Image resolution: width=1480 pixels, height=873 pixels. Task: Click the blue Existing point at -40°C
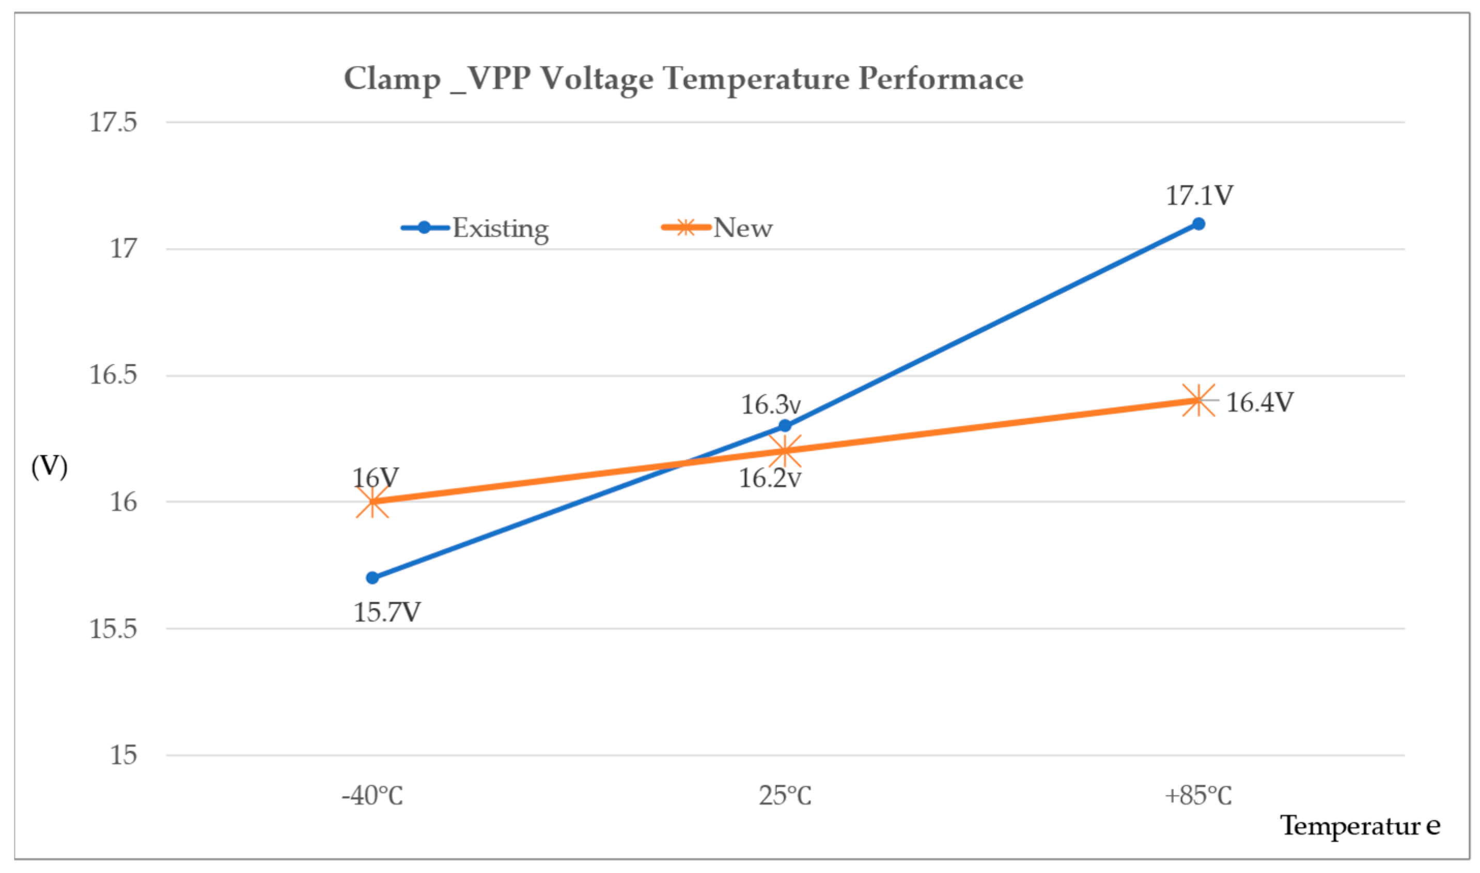[x=372, y=578]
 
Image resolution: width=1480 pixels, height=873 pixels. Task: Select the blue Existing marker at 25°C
[x=785, y=426]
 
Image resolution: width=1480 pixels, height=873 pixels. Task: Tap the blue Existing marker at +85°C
[x=1198, y=224]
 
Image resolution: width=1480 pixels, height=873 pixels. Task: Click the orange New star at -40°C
[x=372, y=502]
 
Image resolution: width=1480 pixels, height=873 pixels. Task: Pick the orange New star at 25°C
[x=785, y=451]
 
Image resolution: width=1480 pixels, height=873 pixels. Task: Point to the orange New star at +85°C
[x=1198, y=401]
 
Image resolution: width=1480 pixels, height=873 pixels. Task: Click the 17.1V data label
[x=1199, y=196]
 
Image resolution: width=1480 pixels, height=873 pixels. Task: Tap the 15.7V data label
[x=386, y=612]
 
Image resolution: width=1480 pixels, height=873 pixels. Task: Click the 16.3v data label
[x=770, y=405]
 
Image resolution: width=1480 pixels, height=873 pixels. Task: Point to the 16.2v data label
[x=769, y=478]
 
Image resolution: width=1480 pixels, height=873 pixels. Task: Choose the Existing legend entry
[x=500, y=228]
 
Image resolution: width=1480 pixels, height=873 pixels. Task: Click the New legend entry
[x=743, y=228]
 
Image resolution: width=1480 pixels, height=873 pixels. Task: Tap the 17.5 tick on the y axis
[x=113, y=122]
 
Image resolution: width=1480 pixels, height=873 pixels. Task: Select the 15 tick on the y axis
[x=123, y=755]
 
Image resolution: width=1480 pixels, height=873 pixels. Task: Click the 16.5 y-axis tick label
[x=113, y=375]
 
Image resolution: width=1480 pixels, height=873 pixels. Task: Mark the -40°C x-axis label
[x=372, y=796]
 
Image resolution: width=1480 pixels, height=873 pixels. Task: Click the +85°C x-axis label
[x=1198, y=796]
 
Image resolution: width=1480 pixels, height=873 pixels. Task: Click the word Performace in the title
[x=940, y=78]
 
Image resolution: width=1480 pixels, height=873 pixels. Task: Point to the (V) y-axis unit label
[x=50, y=467]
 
